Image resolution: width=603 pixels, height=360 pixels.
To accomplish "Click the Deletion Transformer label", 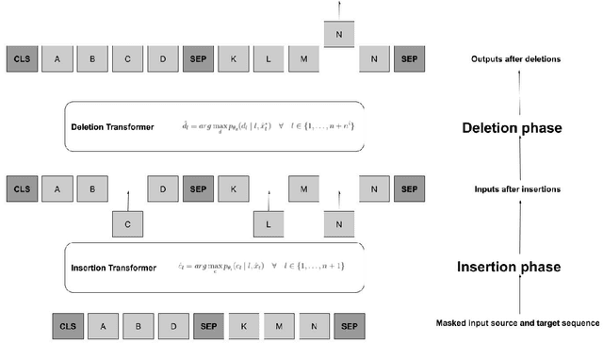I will [111, 126].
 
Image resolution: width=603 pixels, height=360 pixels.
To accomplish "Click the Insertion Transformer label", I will [112, 268].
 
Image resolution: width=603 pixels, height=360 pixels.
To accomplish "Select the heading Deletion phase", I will [516, 128].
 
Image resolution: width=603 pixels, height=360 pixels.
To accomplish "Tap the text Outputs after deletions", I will [517, 60].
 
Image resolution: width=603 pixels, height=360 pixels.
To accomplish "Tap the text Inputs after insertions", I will [517, 189].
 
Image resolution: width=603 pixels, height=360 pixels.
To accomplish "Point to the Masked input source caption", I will [517, 323].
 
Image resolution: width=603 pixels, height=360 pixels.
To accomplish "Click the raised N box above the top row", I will [338, 35].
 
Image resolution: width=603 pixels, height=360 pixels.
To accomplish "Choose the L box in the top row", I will [269, 59].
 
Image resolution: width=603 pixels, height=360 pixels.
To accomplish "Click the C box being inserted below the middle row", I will [127, 223].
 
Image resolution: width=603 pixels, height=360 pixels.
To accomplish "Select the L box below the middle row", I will [269, 223].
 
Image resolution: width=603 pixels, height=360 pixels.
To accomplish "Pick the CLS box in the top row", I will [22, 59].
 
